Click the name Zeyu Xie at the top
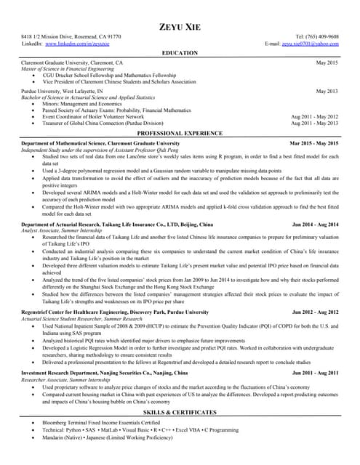180,27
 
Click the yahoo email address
311,44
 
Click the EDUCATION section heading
180,54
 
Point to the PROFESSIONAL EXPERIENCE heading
180,134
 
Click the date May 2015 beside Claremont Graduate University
327,64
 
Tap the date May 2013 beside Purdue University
327,91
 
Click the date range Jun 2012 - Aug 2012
315,311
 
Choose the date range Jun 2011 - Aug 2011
315,372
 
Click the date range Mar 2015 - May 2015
314,144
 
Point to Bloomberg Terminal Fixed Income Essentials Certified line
102,422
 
